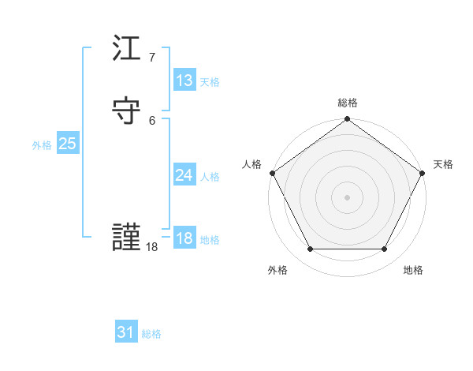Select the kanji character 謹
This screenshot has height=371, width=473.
click(127, 238)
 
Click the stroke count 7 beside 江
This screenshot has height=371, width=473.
click(151, 58)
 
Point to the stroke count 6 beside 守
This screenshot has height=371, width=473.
click(151, 120)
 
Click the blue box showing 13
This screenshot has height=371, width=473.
click(184, 81)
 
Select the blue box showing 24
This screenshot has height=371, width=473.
click(184, 175)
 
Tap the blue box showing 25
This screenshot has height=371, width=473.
click(67, 144)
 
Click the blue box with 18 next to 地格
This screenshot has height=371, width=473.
click(184, 238)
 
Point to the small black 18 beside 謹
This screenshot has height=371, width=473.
click(152, 247)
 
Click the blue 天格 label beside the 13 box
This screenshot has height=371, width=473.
click(210, 82)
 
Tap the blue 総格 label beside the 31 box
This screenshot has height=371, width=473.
click(151, 334)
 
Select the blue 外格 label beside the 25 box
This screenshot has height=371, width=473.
click(42, 145)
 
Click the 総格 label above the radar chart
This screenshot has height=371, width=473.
click(347, 103)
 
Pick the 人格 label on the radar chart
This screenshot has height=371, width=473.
click(252, 164)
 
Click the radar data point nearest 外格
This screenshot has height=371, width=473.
click(310, 249)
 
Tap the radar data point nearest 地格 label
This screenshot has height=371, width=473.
click(384, 249)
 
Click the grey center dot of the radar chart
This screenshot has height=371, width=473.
click(347, 197)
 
